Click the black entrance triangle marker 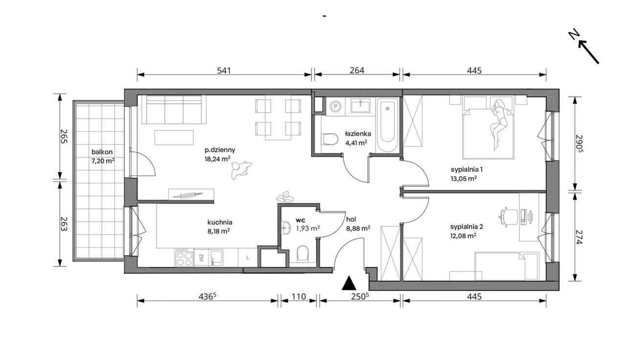click(x=349, y=283)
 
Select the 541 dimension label click(x=224, y=71)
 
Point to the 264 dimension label click(x=357, y=70)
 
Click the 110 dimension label click(x=299, y=296)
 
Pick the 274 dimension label click(x=578, y=237)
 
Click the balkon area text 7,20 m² click(x=103, y=161)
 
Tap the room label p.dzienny click(x=220, y=150)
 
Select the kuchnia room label click(x=220, y=223)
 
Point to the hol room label click(x=351, y=220)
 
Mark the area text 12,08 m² click(x=463, y=236)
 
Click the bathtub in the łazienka click(x=387, y=125)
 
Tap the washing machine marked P click(x=335, y=106)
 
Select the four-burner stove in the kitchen click(x=184, y=257)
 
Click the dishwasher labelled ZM click(x=201, y=258)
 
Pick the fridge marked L click(x=247, y=258)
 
